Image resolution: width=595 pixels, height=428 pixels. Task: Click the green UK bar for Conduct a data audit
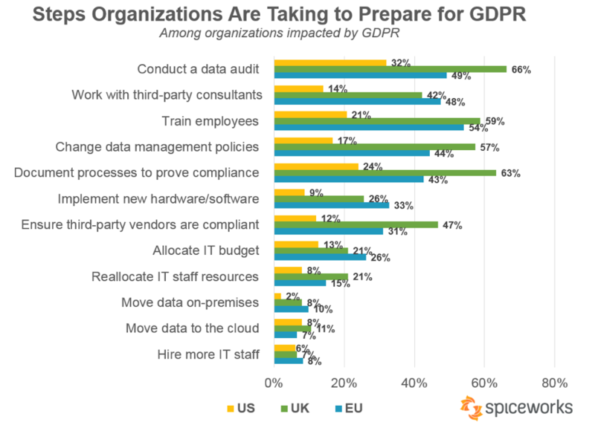tap(390, 69)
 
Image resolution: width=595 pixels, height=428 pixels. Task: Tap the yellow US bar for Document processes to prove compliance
tap(317, 166)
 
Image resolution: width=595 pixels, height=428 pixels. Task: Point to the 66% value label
tap(521, 69)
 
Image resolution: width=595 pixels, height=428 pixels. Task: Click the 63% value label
tap(510, 174)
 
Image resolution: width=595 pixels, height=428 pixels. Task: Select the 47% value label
tap(453, 225)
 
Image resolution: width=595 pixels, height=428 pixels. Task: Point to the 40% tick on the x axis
tap(414, 383)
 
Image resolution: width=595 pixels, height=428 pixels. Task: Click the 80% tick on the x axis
tap(554, 383)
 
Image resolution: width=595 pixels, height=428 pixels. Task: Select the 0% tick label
tap(274, 383)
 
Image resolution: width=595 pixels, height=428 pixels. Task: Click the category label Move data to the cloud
tap(193, 328)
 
